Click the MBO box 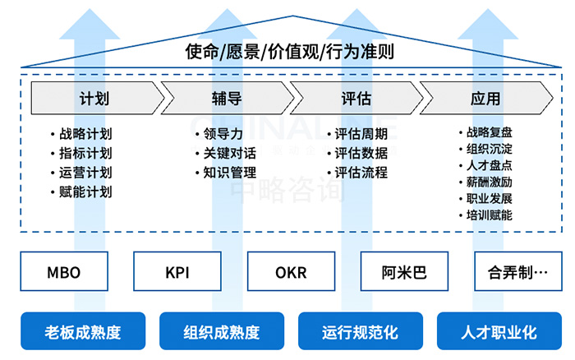tap(63, 272)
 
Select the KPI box tap(177, 272)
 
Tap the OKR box tap(291, 272)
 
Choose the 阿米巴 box tap(404, 272)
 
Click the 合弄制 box tap(517, 272)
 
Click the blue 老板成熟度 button tap(82, 332)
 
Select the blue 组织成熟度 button tap(221, 332)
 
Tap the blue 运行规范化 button tap(360, 332)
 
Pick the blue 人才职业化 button tap(498, 332)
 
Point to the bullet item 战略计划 tap(85, 134)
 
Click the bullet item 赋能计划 tap(85, 192)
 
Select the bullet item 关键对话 tap(229, 153)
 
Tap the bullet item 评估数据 tap(361, 153)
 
